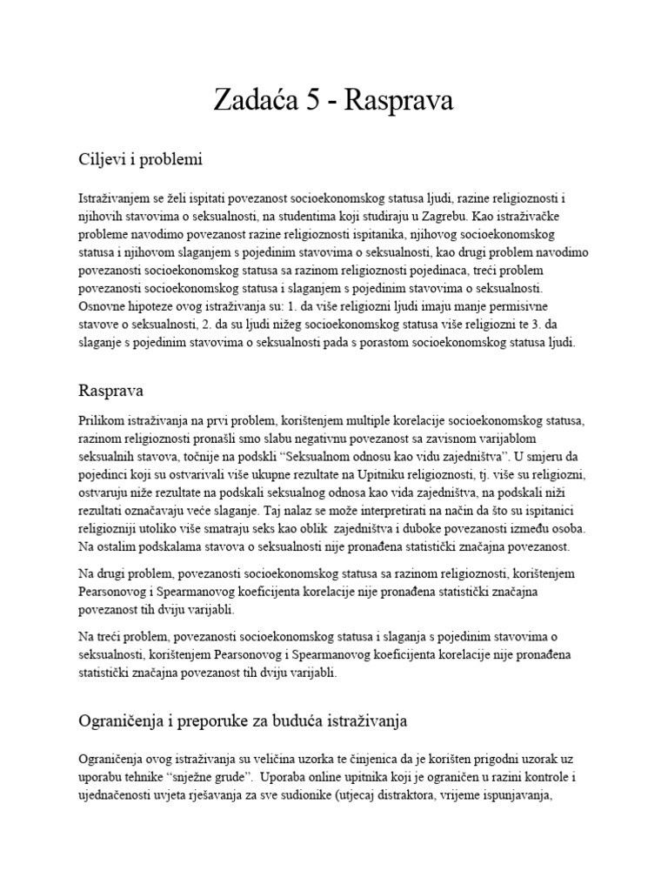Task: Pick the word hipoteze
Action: tap(150, 307)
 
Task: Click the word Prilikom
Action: tap(102, 421)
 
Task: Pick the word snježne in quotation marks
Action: tap(194, 778)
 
